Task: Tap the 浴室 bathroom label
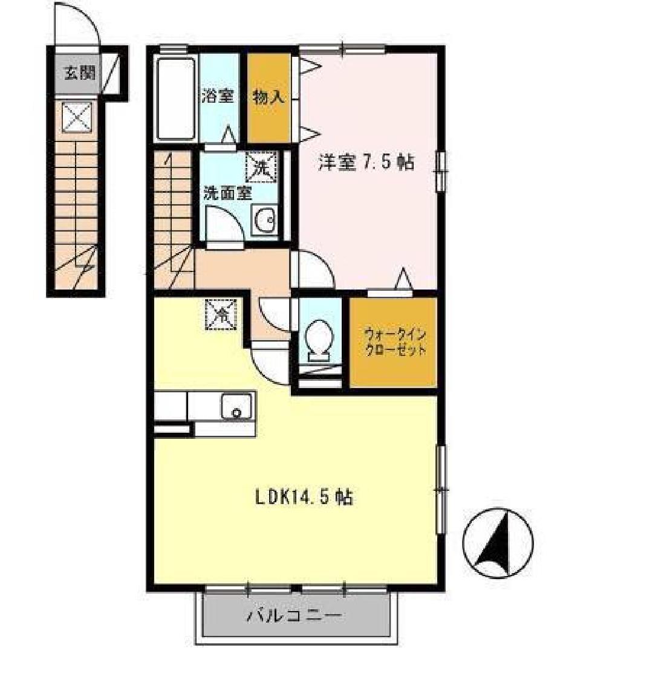tap(217, 97)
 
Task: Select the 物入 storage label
tap(269, 97)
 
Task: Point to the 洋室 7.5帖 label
tap(366, 163)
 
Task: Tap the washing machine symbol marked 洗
tap(261, 166)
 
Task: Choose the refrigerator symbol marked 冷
tap(222, 314)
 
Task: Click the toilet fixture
tap(319, 338)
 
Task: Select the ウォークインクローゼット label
tap(394, 342)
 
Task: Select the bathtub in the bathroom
tap(176, 98)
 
